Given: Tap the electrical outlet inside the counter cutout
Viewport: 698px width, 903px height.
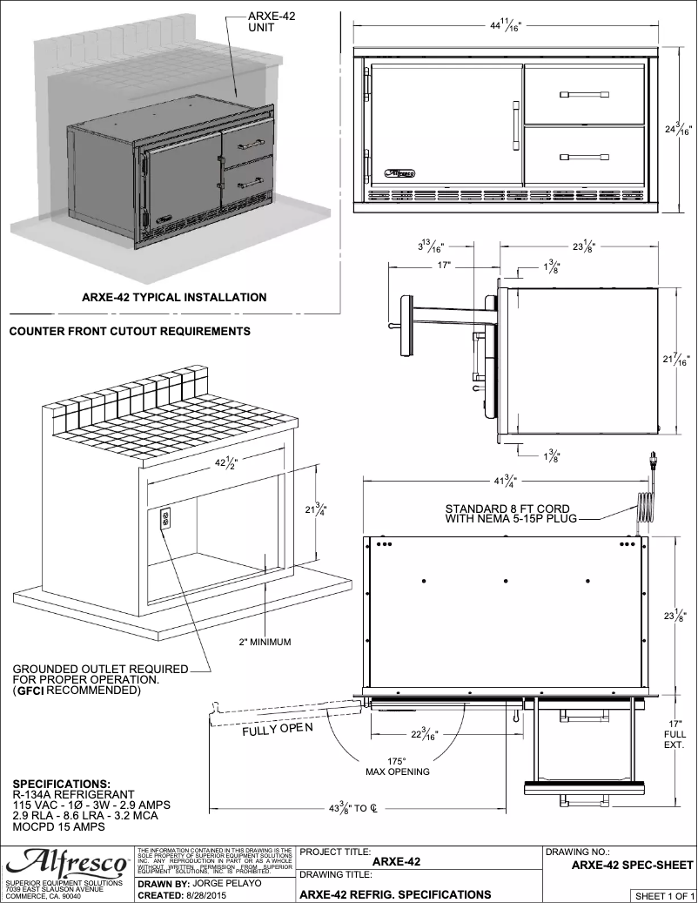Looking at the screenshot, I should pyautogui.click(x=164, y=519).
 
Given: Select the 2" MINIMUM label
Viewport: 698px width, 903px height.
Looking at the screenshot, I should pyautogui.click(x=265, y=643).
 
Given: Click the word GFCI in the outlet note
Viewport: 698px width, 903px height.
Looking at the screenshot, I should pyautogui.click(x=31, y=691).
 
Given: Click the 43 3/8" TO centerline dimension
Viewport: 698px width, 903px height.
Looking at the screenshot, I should pyautogui.click(x=352, y=808).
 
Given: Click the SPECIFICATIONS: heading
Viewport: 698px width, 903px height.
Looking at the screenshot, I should pyautogui.click(x=62, y=783).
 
